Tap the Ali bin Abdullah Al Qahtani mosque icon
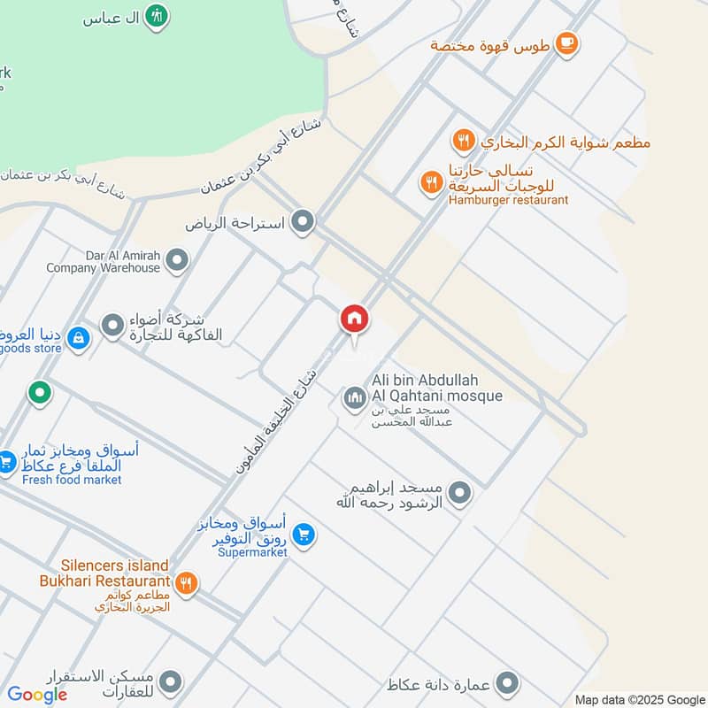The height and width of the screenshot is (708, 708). coord(354,399)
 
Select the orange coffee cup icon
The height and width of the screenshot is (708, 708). coord(566,42)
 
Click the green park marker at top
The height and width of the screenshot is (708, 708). coord(157,16)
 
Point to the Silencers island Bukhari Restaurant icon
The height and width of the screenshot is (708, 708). coord(186,582)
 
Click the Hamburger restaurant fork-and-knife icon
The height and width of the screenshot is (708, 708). coord(431,183)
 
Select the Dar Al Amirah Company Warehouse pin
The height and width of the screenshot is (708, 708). coord(178,261)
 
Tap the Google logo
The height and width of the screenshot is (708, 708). coord(37,695)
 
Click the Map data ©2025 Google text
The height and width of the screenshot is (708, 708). coord(641,699)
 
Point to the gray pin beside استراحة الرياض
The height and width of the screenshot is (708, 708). coord(304,222)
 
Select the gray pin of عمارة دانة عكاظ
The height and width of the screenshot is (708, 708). coord(507,683)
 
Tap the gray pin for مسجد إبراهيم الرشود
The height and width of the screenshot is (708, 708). coord(459,493)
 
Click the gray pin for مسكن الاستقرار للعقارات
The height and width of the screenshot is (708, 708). coord(171,682)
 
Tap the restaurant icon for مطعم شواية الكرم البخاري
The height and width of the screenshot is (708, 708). coord(462,141)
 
